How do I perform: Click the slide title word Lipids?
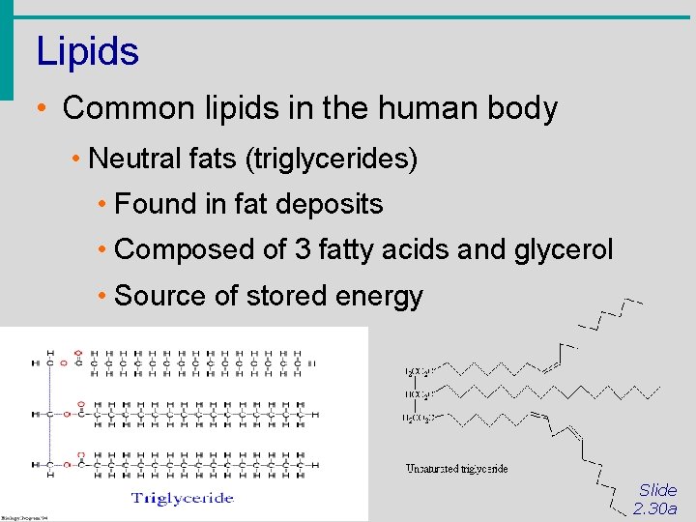[x=87, y=51]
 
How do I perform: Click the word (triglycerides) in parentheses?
[x=332, y=159]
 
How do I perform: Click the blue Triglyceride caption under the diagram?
[x=183, y=498]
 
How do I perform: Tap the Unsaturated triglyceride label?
[x=456, y=469]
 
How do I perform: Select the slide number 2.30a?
[x=655, y=508]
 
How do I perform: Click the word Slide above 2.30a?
[x=658, y=490]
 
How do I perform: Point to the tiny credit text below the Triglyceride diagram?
[x=24, y=516]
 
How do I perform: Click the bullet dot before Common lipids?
[x=43, y=108]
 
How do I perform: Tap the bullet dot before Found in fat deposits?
[x=101, y=205]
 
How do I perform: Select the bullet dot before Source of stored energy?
[x=101, y=297]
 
